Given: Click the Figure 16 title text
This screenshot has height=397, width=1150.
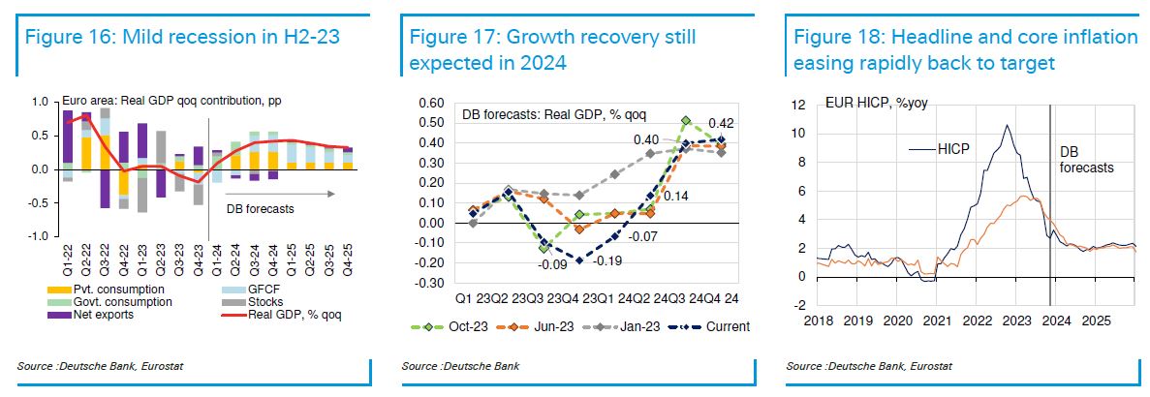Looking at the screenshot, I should pos(184,39).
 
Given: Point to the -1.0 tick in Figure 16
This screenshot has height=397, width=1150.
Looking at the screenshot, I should pos(40,236).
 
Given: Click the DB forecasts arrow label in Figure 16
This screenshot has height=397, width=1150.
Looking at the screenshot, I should pos(260,207).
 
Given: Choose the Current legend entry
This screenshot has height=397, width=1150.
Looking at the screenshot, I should pos(725,326).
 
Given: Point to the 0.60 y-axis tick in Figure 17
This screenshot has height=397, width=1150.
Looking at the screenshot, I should pos(429,103).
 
